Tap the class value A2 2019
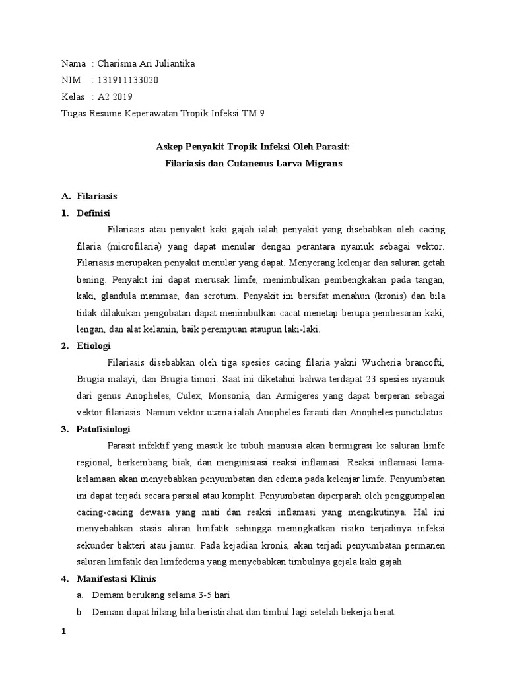115,97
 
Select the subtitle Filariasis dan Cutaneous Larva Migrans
253,163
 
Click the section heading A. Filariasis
96,196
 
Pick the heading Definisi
94,213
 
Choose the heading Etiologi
94,345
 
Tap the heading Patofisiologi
102,428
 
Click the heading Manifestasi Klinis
116,579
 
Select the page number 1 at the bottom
63,631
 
